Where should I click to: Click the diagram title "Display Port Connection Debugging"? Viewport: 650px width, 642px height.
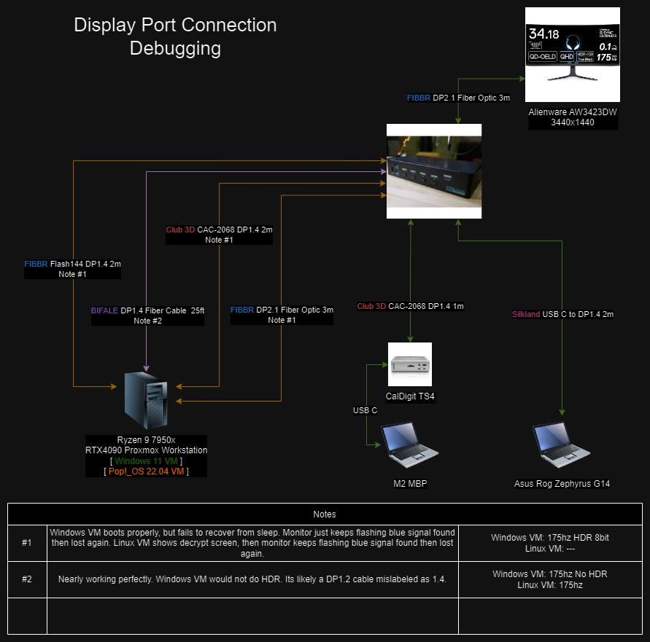(x=175, y=36)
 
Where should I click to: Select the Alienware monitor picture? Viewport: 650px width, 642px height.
(x=573, y=55)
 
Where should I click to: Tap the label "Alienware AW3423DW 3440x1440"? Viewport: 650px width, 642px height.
(x=573, y=117)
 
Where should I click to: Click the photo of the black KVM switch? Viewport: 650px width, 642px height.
(x=433, y=171)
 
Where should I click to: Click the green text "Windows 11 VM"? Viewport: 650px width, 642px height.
(x=145, y=461)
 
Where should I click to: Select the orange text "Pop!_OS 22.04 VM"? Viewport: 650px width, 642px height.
(x=145, y=471)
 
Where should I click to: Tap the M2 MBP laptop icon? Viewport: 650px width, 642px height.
(x=409, y=444)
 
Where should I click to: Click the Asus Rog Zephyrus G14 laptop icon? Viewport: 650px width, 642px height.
(x=562, y=444)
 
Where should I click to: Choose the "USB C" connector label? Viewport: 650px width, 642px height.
(x=365, y=410)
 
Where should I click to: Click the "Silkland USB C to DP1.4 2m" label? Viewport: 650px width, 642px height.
(x=562, y=314)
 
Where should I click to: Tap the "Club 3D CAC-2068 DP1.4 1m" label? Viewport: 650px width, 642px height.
(x=410, y=306)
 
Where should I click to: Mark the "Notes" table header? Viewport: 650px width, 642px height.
(x=325, y=514)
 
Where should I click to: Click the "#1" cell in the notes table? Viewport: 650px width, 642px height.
(x=27, y=543)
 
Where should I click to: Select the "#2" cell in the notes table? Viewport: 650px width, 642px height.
(x=27, y=579)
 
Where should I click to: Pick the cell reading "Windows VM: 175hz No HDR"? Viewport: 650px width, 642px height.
(x=550, y=574)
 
